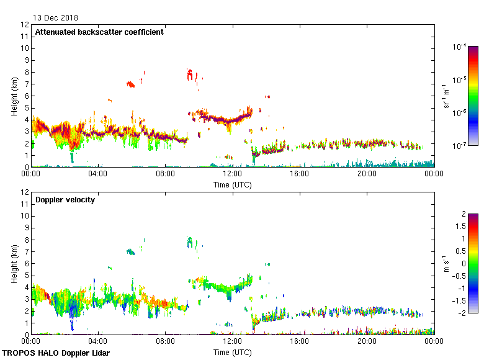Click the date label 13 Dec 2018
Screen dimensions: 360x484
tap(56, 18)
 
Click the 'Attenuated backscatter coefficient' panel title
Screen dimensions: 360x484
tap(99, 32)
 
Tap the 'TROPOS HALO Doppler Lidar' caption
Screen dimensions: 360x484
tap(60, 353)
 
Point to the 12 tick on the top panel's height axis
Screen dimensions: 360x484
tap(25, 25)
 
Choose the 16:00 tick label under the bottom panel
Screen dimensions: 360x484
tap(299, 341)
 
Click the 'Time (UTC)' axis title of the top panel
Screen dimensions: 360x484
tap(232, 185)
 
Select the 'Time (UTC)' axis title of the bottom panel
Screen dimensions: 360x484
tap(232, 352)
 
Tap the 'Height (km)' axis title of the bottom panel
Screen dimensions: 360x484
tap(14, 263)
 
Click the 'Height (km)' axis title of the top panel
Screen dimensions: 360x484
tap(14, 96)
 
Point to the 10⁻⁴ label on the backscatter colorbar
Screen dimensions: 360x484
tap(460, 47)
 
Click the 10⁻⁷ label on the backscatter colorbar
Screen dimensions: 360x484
tap(460, 146)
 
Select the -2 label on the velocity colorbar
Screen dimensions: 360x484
tap(462, 313)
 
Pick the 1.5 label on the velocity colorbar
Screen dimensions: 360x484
tap(462, 227)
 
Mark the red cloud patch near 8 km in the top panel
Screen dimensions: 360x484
tap(190, 74)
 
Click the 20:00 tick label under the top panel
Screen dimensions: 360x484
tap(366, 174)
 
